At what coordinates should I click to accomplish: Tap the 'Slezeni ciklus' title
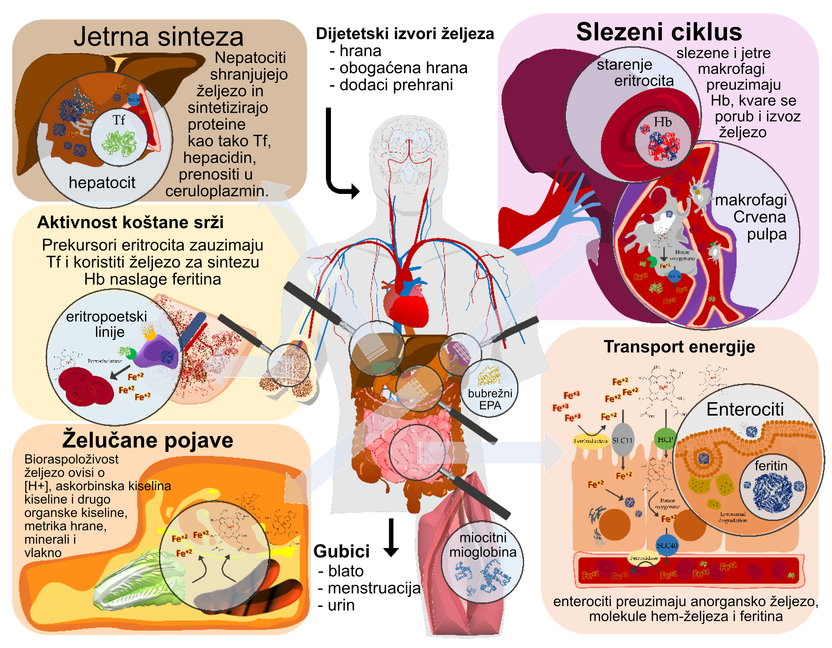[x=659, y=32]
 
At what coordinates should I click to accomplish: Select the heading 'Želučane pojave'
[x=148, y=440]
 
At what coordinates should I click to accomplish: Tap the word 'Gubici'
[x=342, y=551]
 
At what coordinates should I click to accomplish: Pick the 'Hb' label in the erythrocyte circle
[x=662, y=122]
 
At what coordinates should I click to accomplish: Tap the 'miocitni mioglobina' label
[x=483, y=545]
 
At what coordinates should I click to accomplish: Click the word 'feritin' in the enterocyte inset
[x=771, y=466]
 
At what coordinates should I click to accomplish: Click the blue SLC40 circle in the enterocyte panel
[x=667, y=546]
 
